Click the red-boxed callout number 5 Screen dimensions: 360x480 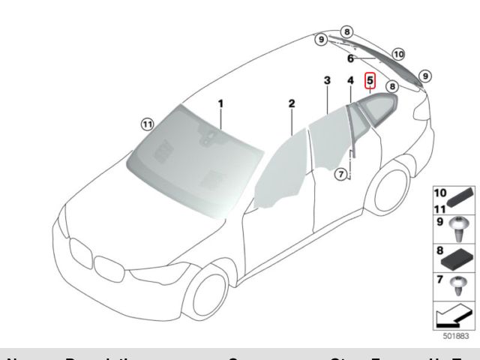click(370, 81)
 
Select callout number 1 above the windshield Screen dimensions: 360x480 click(221, 103)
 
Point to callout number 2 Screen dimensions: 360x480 click(292, 103)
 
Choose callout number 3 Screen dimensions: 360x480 click(327, 79)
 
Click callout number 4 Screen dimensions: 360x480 click(350, 80)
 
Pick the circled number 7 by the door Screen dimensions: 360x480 click(340, 174)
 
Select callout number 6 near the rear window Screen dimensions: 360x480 click(350, 58)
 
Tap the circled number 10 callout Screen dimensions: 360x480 click(398, 54)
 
